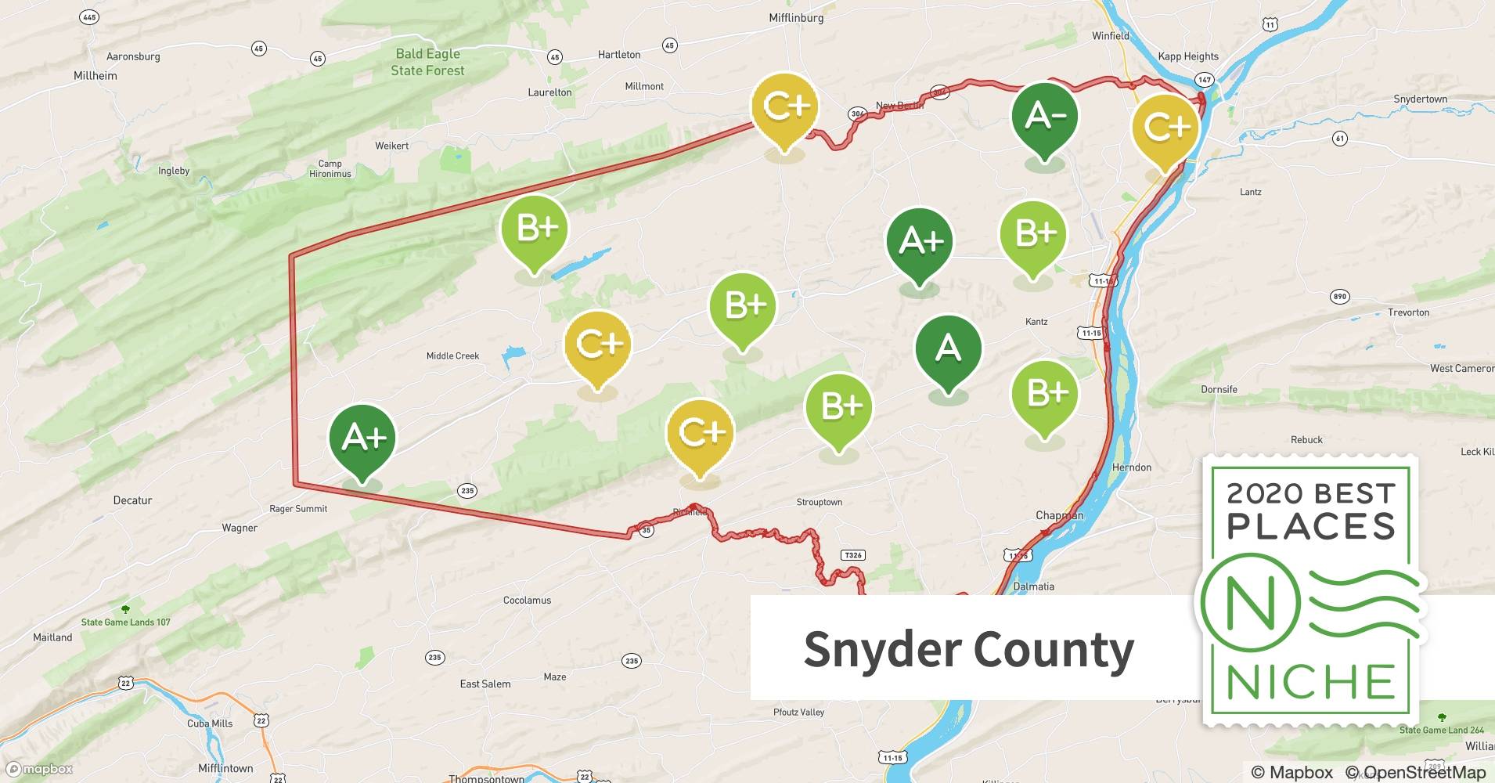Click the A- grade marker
1044,117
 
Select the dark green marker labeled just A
948,348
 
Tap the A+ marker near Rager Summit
362,439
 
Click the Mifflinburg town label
796,18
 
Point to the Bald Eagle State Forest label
427,62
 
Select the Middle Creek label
452,356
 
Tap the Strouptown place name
819,503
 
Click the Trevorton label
1408,312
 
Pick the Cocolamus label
527,601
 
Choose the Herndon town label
1131,467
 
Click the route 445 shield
90,17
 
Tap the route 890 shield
1339,297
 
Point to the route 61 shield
1340,139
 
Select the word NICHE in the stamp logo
1311,682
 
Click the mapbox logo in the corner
39,769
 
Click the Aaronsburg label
133,56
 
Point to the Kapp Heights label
1187,56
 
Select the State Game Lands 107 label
125,622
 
